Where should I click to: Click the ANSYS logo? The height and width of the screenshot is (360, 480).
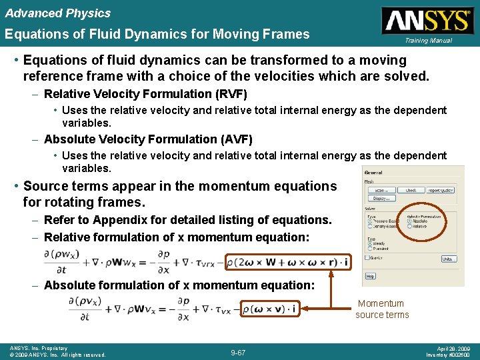pos(427,20)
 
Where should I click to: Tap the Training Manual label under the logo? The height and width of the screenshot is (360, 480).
pos(427,41)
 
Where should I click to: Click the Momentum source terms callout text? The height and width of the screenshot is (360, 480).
pos(382,309)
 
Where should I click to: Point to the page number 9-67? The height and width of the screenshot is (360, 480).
pos(238,352)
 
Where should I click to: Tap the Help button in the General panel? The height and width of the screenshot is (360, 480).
pos(370,276)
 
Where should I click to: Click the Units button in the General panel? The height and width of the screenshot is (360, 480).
pos(448,259)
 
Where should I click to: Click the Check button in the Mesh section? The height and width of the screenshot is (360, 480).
pos(411,190)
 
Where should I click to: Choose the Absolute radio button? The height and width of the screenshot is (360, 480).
pos(409,221)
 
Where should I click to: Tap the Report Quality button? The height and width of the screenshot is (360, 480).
pos(440,190)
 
